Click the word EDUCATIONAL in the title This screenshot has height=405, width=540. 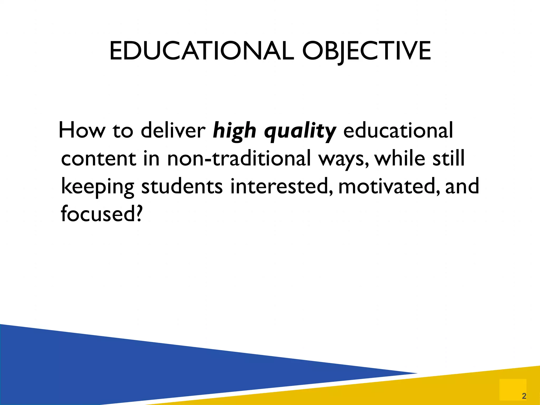pos(201,51)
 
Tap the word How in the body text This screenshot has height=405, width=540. pos(82,130)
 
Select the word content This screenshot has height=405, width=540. pos(99,159)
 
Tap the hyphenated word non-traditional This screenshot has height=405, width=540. pos(239,159)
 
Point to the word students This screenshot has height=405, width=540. pos(182,186)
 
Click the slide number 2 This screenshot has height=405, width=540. pos(524,396)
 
